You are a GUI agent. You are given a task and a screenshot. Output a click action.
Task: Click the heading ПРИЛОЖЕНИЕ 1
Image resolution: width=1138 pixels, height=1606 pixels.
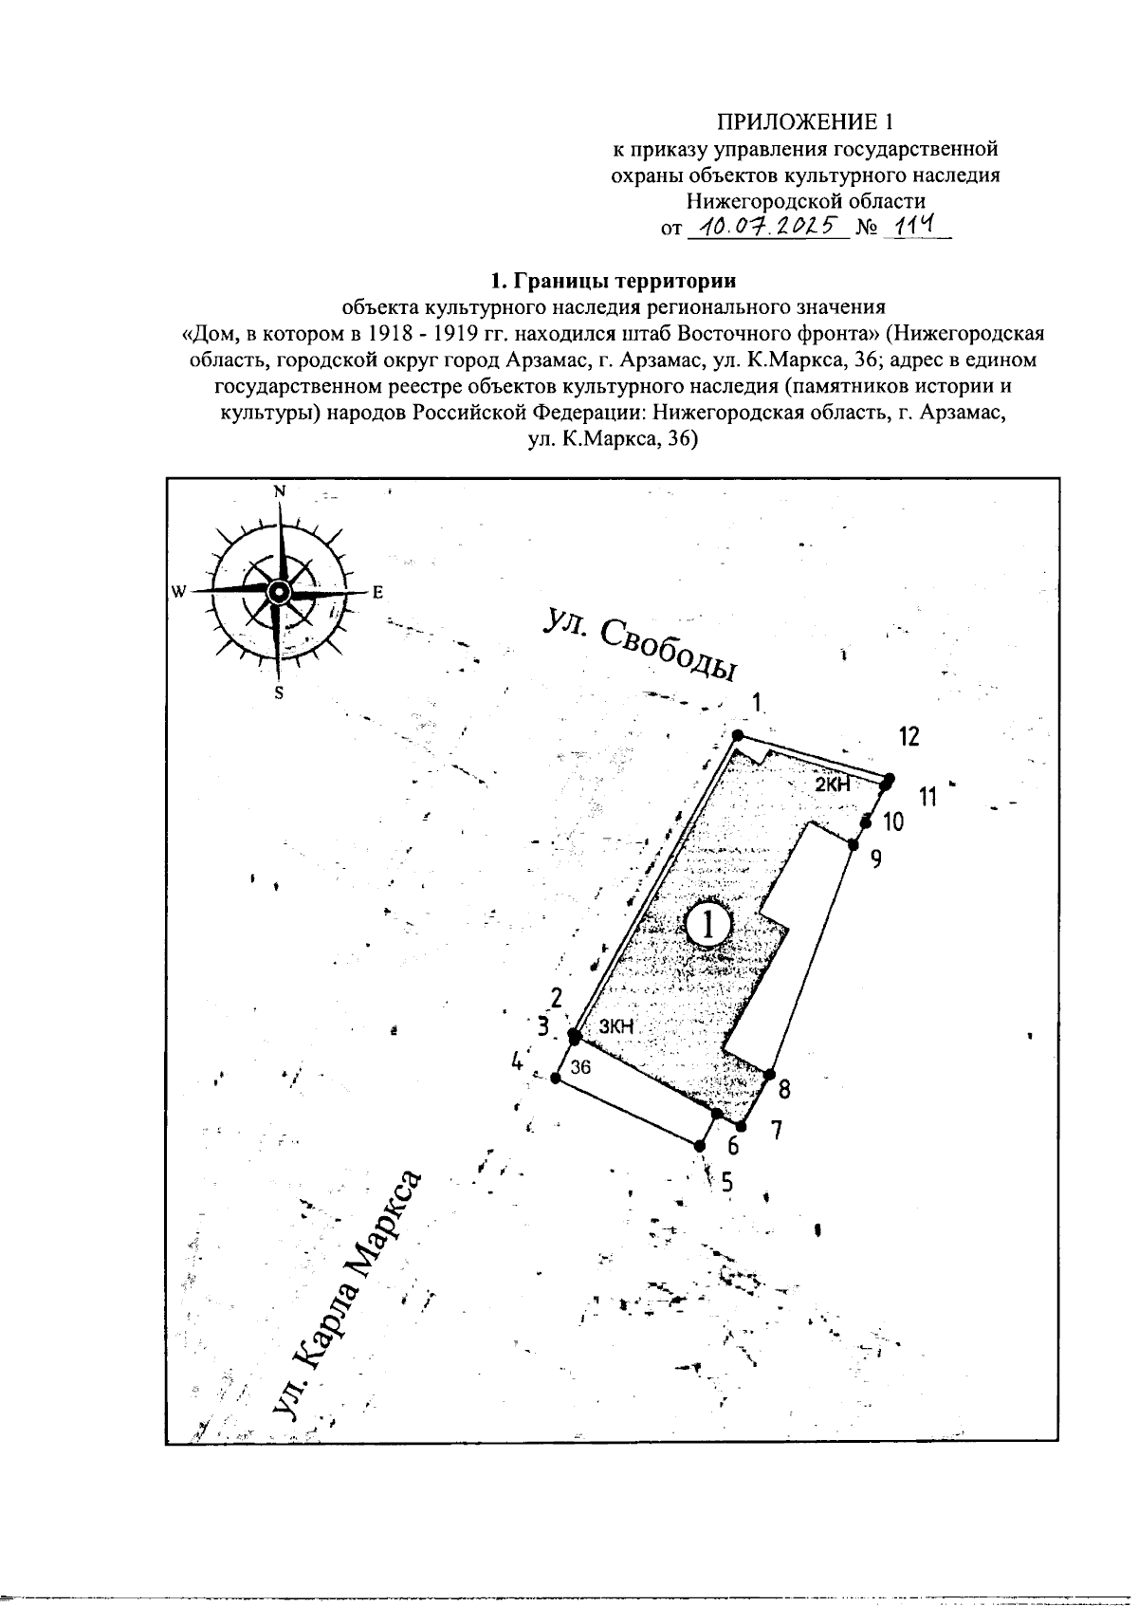point(805,121)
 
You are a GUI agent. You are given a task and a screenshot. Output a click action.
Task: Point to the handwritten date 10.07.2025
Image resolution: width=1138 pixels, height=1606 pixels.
point(768,226)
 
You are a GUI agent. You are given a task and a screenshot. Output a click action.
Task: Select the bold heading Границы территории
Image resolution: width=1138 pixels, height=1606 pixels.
point(612,281)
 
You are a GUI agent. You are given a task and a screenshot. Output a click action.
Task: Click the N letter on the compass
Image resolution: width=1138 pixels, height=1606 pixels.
point(280,491)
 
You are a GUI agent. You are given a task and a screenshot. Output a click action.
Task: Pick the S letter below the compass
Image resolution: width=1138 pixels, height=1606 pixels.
point(279,692)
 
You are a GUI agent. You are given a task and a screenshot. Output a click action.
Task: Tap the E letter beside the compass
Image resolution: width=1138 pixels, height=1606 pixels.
point(376,593)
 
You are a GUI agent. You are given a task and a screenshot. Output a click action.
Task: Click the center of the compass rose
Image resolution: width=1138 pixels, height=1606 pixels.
point(278,592)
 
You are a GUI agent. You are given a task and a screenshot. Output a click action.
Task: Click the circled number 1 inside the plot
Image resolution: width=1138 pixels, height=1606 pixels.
point(707,924)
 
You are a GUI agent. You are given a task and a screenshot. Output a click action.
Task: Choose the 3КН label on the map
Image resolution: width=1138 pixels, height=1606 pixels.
point(615,1026)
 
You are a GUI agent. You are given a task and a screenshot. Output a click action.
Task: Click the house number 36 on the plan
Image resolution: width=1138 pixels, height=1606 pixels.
point(581,1066)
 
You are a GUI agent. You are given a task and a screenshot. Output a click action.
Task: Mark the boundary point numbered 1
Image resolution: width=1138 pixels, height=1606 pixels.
point(738,735)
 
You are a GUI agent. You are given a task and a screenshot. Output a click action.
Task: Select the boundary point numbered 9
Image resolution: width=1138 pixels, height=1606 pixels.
point(853,844)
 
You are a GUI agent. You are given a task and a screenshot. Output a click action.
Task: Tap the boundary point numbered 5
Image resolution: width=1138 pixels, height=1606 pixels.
point(700,1146)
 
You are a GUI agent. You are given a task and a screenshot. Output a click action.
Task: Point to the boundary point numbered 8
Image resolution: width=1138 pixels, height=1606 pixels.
point(767,1076)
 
